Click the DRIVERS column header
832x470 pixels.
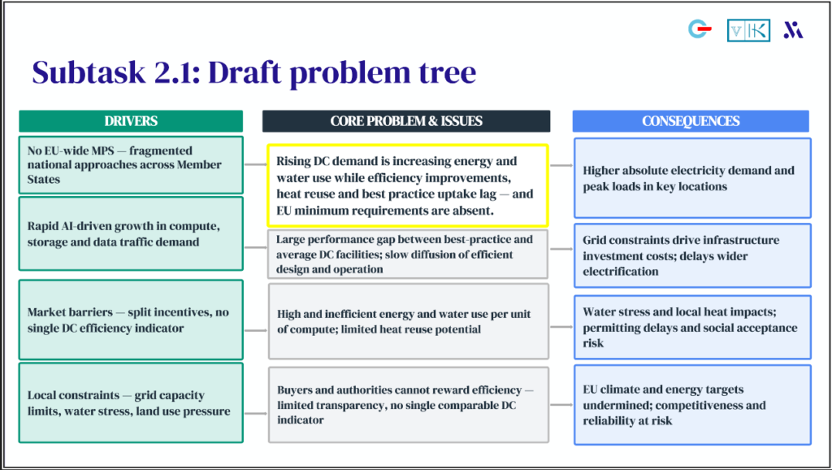click(131, 121)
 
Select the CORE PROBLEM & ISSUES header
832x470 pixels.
click(405, 121)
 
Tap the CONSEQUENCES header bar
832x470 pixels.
click(691, 121)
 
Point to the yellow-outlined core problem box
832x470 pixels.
click(408, 185)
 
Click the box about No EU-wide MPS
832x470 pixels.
click(131, 165)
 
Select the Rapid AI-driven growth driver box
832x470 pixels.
click(131, 233)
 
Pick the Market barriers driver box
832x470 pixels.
click(131, 320)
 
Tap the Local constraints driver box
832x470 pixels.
click(131, 403)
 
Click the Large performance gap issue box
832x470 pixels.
click(408, 254)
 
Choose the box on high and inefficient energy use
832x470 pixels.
click(408, 320)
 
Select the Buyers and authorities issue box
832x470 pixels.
click(408, 404)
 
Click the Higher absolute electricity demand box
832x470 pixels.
click(691, 178)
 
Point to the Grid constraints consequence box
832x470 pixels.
click(691, 255)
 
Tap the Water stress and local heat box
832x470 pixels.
click(691, 327)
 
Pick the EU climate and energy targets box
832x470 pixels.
click(691, 405)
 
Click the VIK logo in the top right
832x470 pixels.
click(747, 30)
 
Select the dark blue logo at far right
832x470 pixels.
click(792, 30)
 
